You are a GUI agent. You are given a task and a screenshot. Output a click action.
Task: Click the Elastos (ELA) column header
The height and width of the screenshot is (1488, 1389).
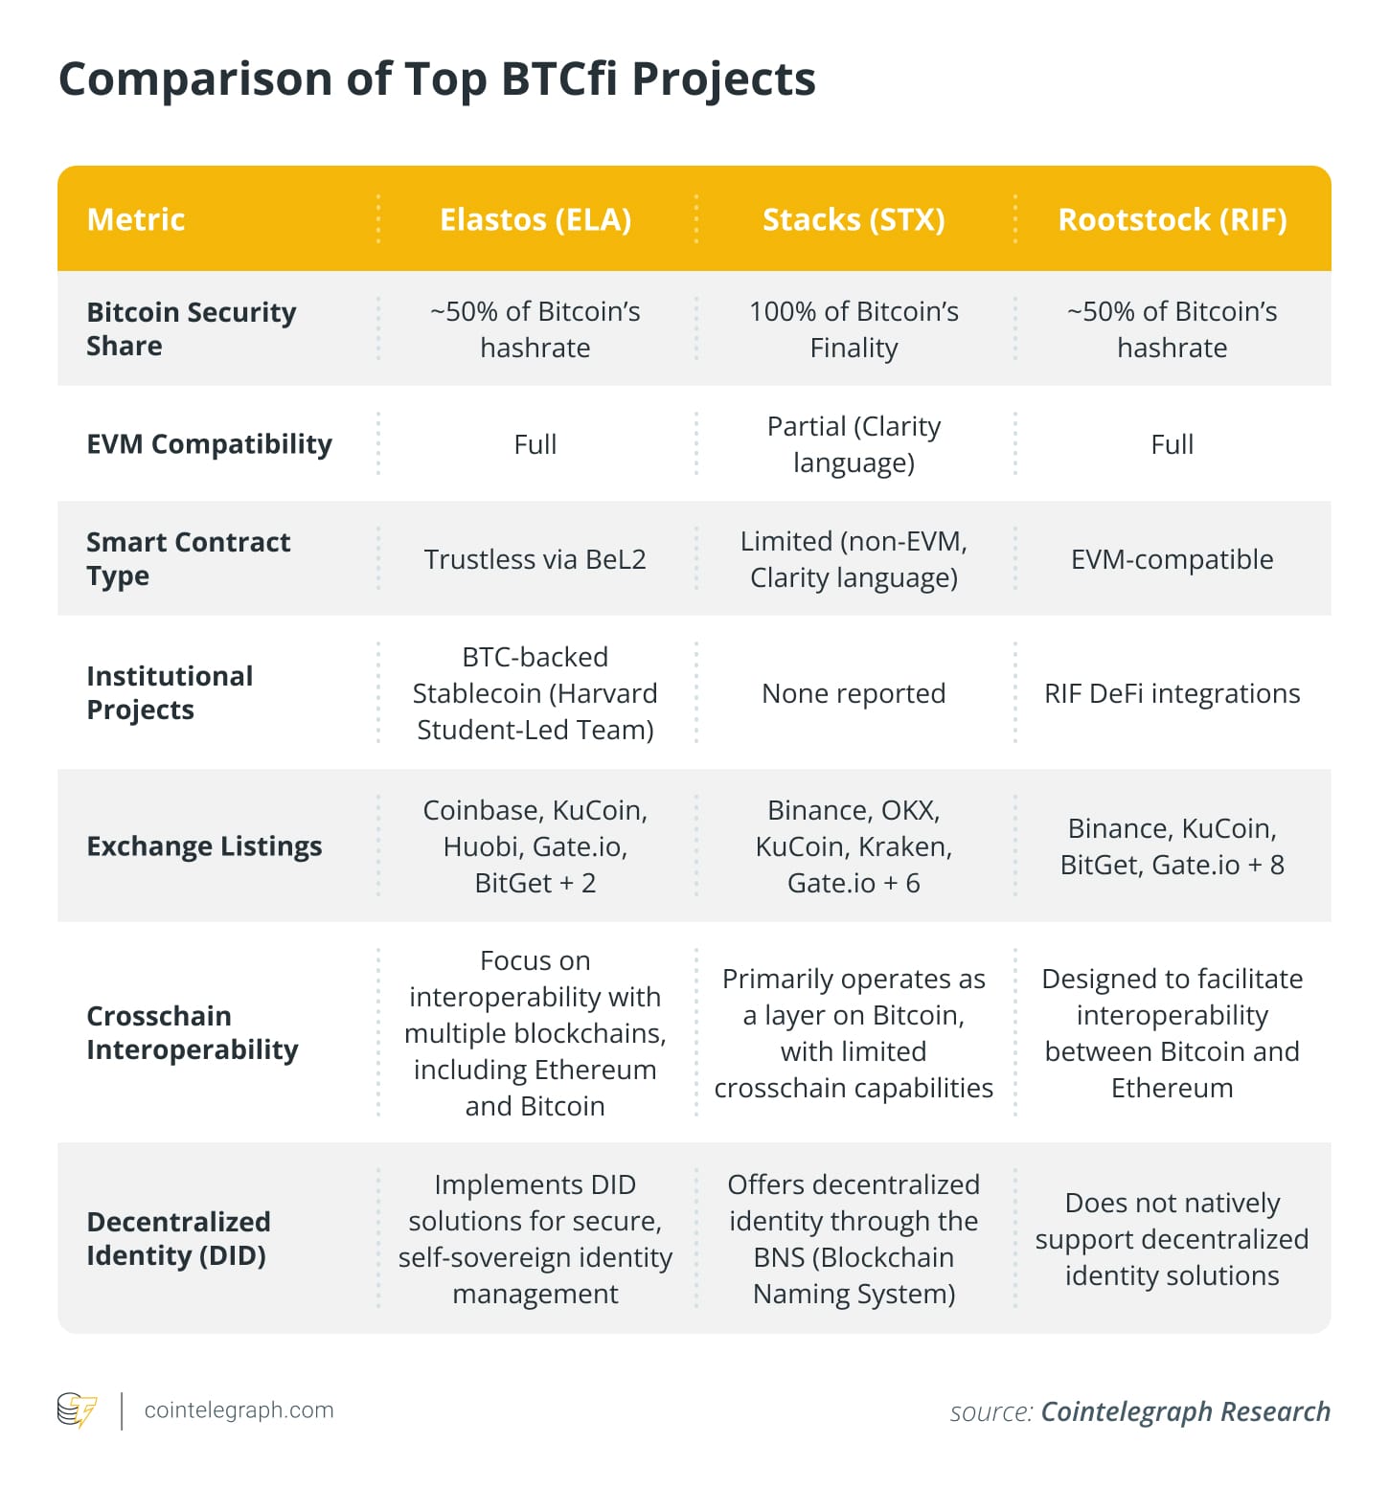pyautogui.click(x=535, y=219)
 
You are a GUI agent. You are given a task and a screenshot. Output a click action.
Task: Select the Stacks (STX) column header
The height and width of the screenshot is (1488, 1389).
pyautogui.click(x=854, y=219)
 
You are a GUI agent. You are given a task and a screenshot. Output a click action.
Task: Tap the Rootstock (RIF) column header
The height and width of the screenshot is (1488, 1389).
pyautogui.click(x=1172, y=219)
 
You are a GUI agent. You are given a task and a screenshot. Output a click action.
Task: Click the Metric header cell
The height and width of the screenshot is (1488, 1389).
pyautogui.click(x=136, y=219)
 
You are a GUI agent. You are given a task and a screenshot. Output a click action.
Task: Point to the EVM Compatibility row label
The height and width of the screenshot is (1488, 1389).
pyautogui.click(x=209, y=444)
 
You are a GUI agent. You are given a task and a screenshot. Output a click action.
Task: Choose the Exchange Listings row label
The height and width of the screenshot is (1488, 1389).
pyautogui.click(x=204, y=846)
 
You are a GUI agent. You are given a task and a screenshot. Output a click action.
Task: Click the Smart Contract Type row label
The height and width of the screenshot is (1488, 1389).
pyautogui.click(x=188, y=559)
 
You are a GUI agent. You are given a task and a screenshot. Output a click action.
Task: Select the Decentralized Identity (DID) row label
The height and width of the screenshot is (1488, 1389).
pyautogui.click(x=178, y=1238)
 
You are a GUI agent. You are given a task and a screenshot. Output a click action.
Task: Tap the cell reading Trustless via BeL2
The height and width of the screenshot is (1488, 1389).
pyautogui.click(x=535, y=559)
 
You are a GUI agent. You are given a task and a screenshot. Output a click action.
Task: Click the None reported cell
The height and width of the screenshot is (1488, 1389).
pyautogui.click(x=854, y=693)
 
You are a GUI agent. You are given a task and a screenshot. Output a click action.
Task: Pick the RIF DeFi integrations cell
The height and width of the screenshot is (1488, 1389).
pyautogui.click(x=1172, y=693)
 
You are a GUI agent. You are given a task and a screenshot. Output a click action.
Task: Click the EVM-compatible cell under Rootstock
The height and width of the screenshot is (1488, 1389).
pyautogui.click(x=1172, y=559)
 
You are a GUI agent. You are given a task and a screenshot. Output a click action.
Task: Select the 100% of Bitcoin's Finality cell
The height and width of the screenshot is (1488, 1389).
pyautogui.click(x=854, y=329)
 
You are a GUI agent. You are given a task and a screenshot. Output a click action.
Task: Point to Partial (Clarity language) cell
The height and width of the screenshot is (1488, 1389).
pyautogui.click(x=854, y=444)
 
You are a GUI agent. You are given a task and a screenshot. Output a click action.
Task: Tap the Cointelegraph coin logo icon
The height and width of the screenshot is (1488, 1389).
pyautogui.click(x=77, y=1410)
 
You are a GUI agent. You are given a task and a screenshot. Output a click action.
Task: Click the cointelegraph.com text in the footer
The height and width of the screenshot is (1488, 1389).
pyautogui.click(x=239, y=1410)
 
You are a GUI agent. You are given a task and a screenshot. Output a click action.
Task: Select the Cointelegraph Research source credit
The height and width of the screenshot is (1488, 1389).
pyautogui.click(x=1185, y=1411)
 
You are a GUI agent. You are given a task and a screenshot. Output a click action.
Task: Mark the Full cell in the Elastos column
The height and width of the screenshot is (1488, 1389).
pyautogui.click(x=535, y=444)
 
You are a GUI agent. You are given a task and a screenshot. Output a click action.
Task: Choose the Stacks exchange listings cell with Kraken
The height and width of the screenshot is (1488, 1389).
pyautogui.click(x=854, y=846)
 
